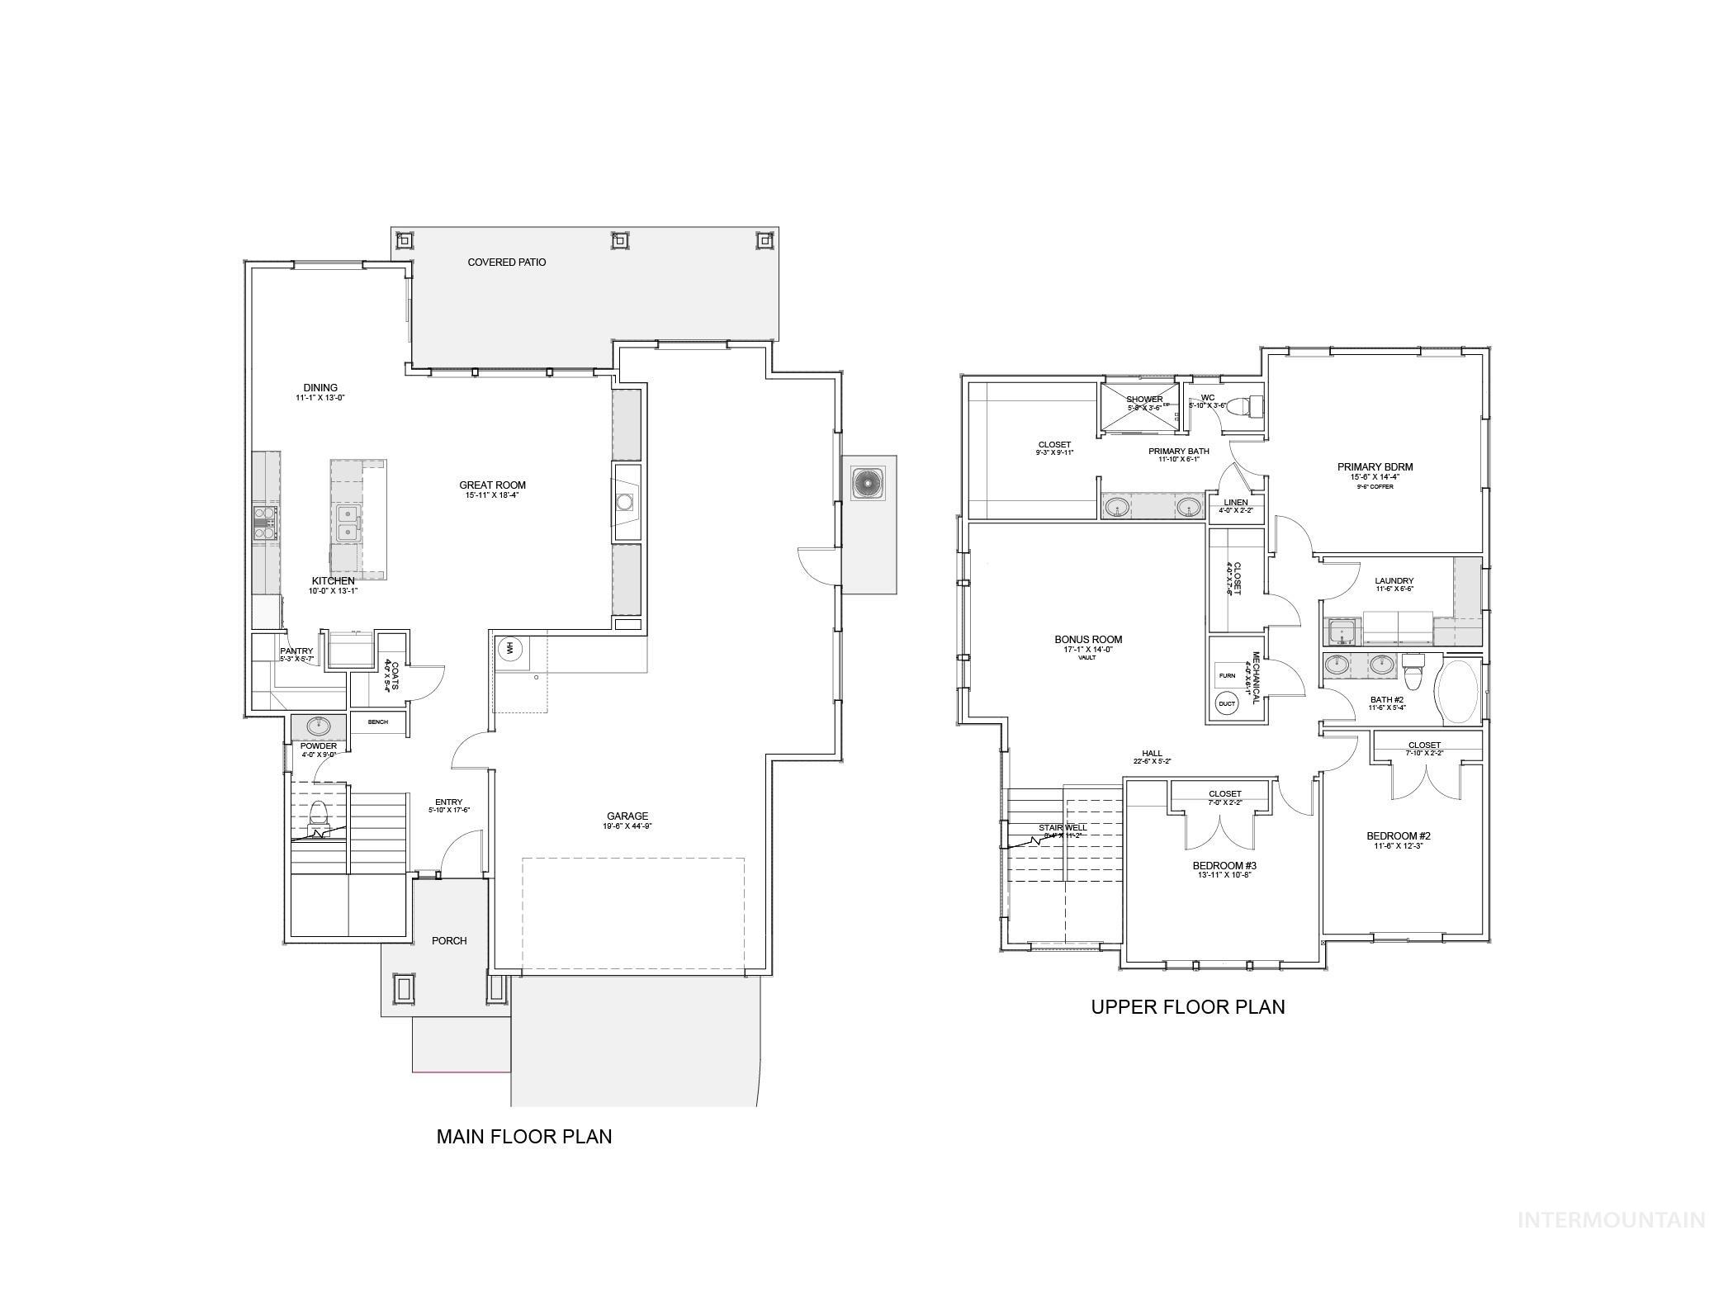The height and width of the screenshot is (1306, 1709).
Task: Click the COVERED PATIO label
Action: [506, 262]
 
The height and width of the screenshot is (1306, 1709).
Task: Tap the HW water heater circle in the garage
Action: [509, 649]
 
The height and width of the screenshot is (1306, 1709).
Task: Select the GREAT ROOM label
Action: [492, 485]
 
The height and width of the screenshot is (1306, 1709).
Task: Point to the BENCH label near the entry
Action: [377, 722]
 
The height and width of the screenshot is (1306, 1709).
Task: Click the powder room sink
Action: [318, 726]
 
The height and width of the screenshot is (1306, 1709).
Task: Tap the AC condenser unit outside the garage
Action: [868, 483]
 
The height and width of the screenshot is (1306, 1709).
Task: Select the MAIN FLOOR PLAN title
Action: [523, 1137]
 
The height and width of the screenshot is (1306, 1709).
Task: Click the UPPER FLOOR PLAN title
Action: [1187, 1007]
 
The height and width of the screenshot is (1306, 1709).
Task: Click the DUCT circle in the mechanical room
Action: [1227, 704]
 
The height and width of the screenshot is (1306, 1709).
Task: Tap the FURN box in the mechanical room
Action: [1227, 675]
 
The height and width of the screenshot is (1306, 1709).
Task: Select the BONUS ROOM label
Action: [1087, 640]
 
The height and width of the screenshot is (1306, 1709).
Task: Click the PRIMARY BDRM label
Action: [1375, 467]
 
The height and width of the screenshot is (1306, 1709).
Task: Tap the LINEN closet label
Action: [1235, 502]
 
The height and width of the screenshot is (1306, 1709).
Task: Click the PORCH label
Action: [449, 941]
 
